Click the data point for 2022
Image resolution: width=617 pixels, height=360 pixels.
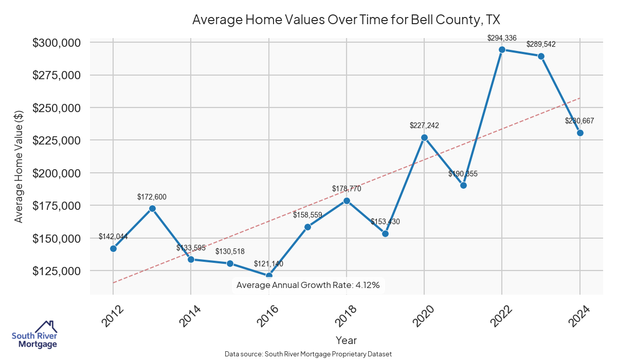tap(502, 49)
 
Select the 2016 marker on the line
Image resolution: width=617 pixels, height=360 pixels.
tap(269, 276)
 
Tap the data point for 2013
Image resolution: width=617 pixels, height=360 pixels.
tap(152, 208)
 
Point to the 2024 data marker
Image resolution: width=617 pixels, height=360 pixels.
tap(580, 133)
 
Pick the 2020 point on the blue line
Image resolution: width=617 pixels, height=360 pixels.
tap(424, 137)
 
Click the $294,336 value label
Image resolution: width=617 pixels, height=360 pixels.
tap(502, 38)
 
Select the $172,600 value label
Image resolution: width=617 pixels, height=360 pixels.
tap(152, 196)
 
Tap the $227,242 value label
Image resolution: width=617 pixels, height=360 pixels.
tap(424, 125)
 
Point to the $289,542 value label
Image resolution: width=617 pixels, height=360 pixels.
tap(541, 44)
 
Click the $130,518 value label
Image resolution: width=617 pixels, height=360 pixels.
tap(230, 251)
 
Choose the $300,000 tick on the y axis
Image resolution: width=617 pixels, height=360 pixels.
tap(57, 43)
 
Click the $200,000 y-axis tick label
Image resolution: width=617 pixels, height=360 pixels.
tap(57, 173)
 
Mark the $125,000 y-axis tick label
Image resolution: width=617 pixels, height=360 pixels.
tap(57, 271)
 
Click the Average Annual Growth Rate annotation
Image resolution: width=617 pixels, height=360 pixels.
tap(308, 285)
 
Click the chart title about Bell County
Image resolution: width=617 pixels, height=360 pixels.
tap(346, 20)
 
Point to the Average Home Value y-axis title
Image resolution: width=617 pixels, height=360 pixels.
tap(19, 166)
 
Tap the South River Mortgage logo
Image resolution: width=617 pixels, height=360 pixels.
tap(34, 335)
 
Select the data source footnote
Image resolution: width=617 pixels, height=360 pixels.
tap(308, 354)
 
